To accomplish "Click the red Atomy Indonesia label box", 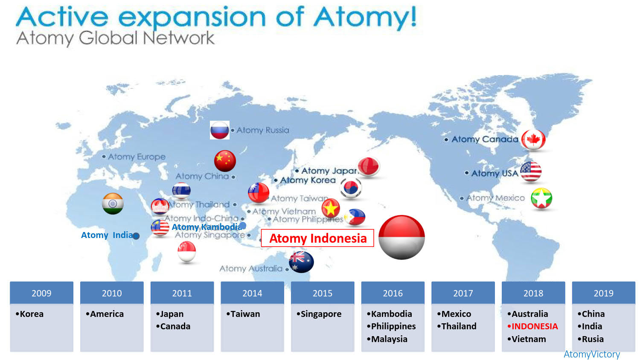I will (x=317, y=238).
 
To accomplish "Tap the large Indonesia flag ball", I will (x=401, y=237).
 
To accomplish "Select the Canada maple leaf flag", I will (x=533, y=139).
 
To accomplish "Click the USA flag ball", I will (x=531, y=171).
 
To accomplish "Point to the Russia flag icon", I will (x=220, y=130).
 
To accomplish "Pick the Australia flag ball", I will (x=301, y=262).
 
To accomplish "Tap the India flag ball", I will (x=113, y=203).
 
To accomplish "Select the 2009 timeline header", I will (x=41, y=293).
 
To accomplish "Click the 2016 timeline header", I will (x=393, y=293).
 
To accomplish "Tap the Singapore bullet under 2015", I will (x=320, y=314).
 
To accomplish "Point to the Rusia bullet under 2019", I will (x=592, y=339).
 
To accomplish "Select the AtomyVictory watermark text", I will (x=592, y=354).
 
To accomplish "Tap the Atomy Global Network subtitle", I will (x=115, y=38).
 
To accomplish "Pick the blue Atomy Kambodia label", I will (x=207, y=227).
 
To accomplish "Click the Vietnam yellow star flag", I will (x=331, y=209).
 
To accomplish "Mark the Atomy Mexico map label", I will (x=495, y=198).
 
